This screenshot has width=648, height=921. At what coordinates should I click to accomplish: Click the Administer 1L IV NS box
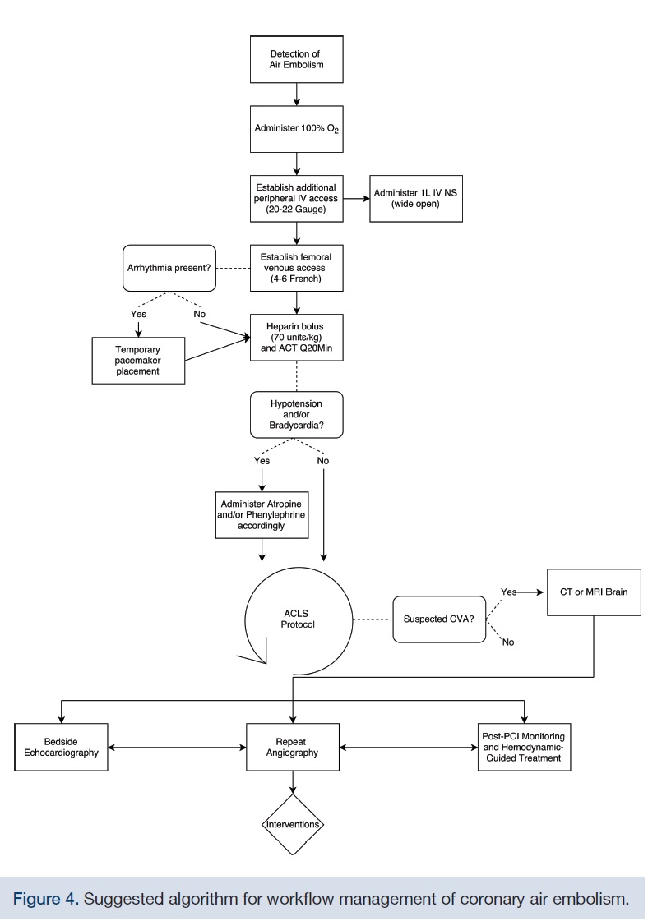tap(416, 198)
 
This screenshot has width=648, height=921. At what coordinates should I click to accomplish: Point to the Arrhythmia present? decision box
tap(169, 267)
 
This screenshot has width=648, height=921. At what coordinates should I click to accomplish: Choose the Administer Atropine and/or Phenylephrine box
tap(262, 514)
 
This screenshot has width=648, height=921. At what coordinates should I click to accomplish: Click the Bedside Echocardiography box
tap(62, 746)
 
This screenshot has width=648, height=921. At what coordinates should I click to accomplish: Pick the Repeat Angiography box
tap(293, 746)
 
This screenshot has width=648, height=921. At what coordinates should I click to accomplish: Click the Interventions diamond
tap(293, 823)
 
